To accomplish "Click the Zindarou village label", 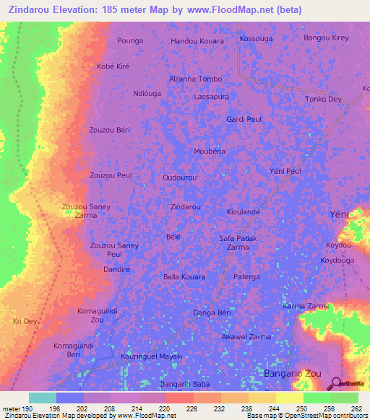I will [185, 206].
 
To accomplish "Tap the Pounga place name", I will [130, 41].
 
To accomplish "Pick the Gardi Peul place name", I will [244, 119].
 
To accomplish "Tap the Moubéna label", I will [210, 151].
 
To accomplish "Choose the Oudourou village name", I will [180, 177].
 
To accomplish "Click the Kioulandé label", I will [243, 212].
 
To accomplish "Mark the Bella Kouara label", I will [184, 276].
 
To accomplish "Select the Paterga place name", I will [246, 276].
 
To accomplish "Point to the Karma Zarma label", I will [306, 306].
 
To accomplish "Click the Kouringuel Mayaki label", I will [152, 356].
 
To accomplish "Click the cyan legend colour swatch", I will [43, 398].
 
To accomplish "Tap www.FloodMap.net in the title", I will [231, 10].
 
